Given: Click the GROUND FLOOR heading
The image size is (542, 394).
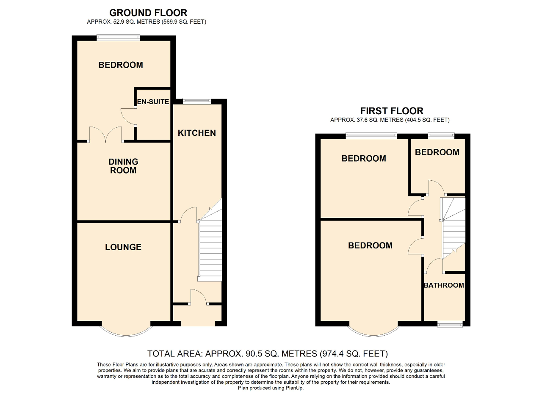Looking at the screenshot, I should coord(148,13).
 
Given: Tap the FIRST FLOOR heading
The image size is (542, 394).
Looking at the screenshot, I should coord(391,111).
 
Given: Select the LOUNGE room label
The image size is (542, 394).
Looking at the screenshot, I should coord(123,247).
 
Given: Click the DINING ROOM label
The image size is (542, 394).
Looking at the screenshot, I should coord(123,166).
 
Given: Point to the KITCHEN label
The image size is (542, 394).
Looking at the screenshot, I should coord(196,133).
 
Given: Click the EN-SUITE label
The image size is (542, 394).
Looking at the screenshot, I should coord(153,102).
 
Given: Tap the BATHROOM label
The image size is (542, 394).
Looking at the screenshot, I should coord(444,285).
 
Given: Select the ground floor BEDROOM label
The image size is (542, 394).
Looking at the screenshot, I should coord(121,65).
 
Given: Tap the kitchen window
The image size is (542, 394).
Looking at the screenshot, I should coord(196,101).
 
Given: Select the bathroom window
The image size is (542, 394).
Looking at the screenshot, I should coord(450,324).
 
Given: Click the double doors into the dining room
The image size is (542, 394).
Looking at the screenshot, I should coord(105,135).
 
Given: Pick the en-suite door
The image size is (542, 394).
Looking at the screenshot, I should coord(128,116).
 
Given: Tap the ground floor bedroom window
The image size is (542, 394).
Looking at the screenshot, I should coord(118,38).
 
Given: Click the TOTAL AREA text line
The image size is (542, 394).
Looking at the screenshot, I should coord(267,353).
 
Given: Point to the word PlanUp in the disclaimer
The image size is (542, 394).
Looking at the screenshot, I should coord(293,388).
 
